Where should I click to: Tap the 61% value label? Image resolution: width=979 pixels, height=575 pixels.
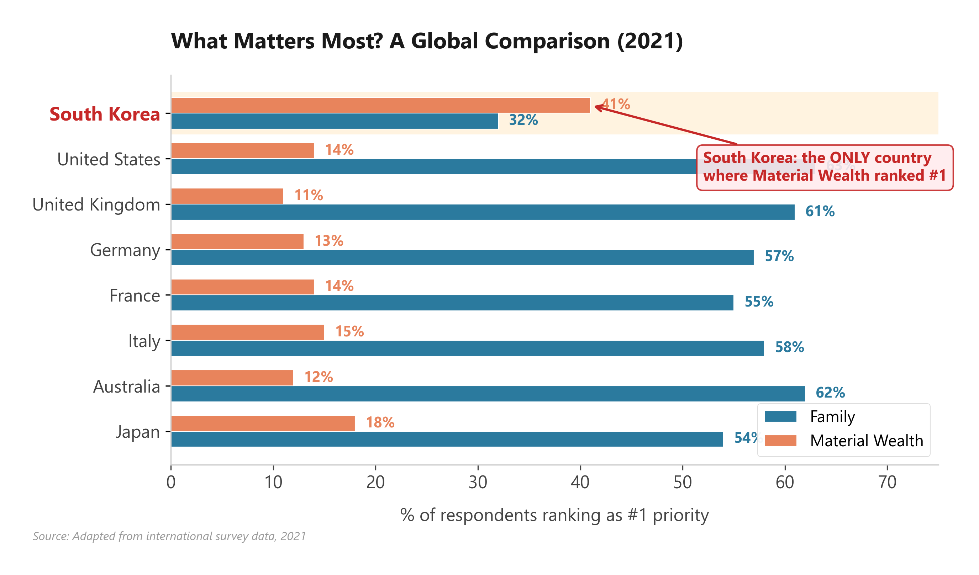click(x=820, y=212)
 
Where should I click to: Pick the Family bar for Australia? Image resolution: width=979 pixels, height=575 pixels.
click(x=488, y=394)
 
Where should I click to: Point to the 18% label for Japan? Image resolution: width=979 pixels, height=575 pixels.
click(x=380, y=422)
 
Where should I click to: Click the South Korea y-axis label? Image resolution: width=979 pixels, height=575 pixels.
click(x=105, y=114)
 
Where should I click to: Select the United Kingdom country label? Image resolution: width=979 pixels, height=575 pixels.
click(x=96, y=204)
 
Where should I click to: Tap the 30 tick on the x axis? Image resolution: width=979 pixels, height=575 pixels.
click(x=478, y=483)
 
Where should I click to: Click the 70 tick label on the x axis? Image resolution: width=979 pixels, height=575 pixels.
click(x=887, y=483)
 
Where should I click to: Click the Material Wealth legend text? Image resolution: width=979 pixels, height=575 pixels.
click(x=866, y=441)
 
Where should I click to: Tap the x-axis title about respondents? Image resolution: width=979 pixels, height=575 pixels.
click(x=554, y=515)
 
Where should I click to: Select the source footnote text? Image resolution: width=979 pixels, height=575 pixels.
click(x=169, y=536)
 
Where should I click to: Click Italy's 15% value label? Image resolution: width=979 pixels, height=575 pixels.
click(x=349, y=331)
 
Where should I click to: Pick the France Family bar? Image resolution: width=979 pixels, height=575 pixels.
click(x=452, y=303)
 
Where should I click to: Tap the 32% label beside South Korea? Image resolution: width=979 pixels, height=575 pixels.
click(x=523, y=120)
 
